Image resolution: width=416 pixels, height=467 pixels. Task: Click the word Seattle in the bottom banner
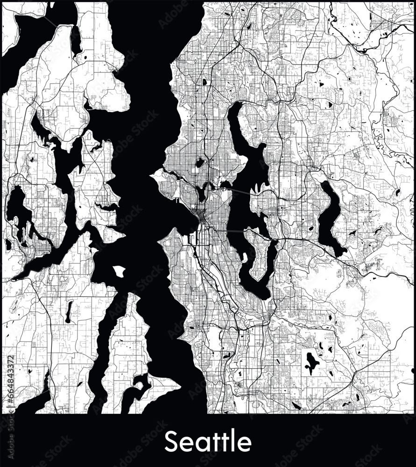tap(208, 441)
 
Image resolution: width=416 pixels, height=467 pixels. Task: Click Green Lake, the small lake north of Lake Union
tap(200, 163)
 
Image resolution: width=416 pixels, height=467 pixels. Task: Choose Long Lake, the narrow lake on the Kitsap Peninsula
tap(69, 312)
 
